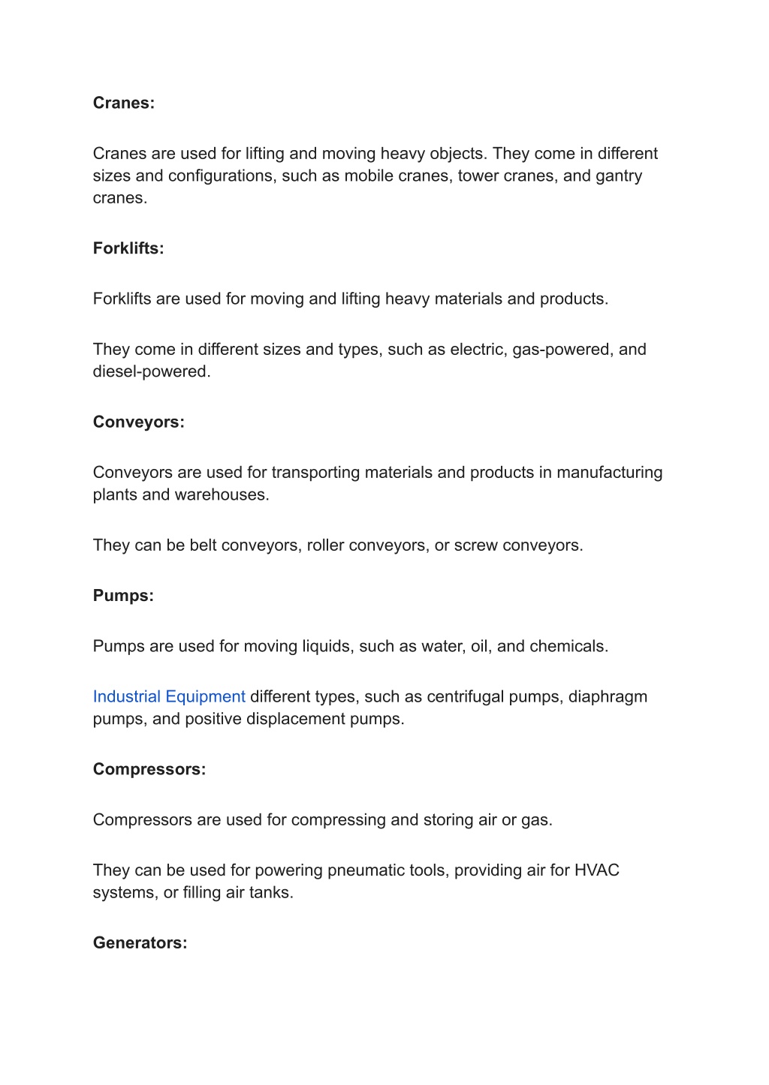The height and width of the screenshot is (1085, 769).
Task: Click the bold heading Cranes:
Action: coord(123,104)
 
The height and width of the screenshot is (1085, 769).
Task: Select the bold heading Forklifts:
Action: coord(128,248)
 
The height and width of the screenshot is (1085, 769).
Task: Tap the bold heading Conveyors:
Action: coord(138,422)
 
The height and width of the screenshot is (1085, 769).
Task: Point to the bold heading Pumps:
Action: coord(123,596)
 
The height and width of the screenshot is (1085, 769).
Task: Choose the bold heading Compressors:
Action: coord(149,769)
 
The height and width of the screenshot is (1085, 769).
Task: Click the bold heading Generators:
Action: coord(140,943)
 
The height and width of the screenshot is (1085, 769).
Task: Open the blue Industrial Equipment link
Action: coord(169,697)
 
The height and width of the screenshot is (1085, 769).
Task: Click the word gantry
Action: coord(619,176)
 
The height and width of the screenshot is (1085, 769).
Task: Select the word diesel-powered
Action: coord(150,372)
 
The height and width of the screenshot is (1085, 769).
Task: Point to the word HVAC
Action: coord(597,870)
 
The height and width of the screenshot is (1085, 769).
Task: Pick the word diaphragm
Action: coord(608,697)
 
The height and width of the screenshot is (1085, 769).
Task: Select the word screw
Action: coord(475,546)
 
